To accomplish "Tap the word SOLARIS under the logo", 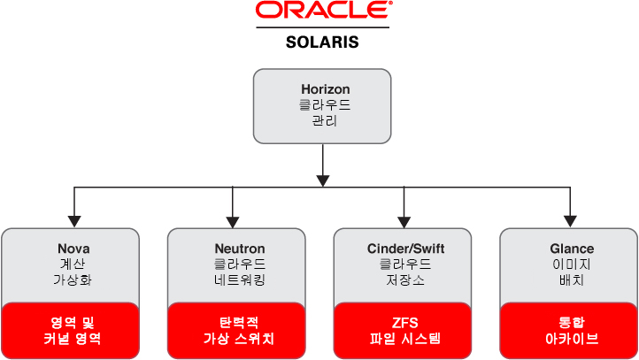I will tap(322, 42).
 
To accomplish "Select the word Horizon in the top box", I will tap(325, 89).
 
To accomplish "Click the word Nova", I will tap(73, 249).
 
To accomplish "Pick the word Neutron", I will tap(240, 249).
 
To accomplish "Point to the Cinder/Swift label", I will tap(404, 249).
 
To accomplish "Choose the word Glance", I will tap(571, 249).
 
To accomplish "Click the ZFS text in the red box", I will tap(404, 322).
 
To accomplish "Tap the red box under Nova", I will tap(72, 330).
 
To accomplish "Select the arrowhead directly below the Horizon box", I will tap(323, 180).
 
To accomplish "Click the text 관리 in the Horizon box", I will tap(325, 120).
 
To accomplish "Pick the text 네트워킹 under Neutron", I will tap(240, 280).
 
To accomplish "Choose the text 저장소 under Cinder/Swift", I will tap(404, 280).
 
